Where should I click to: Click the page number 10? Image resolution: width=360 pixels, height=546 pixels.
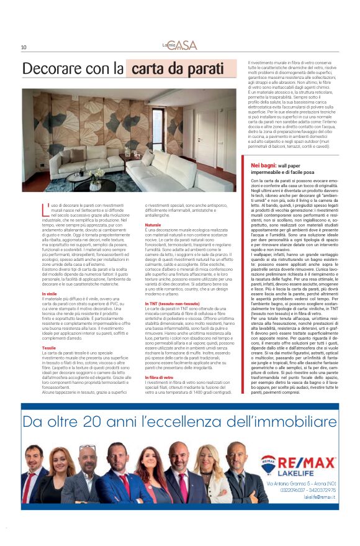[x=23, y=47]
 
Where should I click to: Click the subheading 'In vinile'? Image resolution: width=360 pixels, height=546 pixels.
[x=50, y=293]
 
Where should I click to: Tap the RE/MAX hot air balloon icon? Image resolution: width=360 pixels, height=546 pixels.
[x=268, y=464]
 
